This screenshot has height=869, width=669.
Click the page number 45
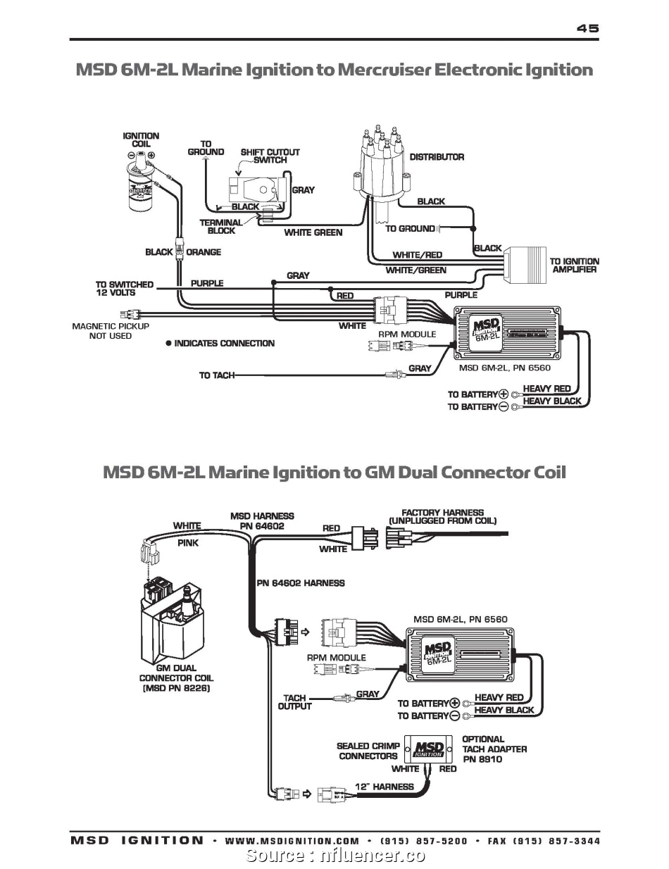click(587, 28)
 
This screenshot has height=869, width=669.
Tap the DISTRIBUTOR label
click(437, 157)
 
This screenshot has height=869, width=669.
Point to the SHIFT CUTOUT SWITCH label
click(270, 156)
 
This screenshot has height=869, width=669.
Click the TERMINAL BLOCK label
click(220, 226)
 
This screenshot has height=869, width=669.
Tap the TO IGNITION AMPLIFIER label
click(574, 265)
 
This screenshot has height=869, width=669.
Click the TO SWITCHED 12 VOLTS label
click(124, 288)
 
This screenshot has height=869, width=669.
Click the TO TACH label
click(216, 375)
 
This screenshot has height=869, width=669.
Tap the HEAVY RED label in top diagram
click(546, 389)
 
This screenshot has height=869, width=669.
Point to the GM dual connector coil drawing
click(175, 620)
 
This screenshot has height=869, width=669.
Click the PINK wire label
click(187, 543)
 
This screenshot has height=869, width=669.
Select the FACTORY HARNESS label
click(442, 516)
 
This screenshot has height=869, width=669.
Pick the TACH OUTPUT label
click(294, 702)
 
